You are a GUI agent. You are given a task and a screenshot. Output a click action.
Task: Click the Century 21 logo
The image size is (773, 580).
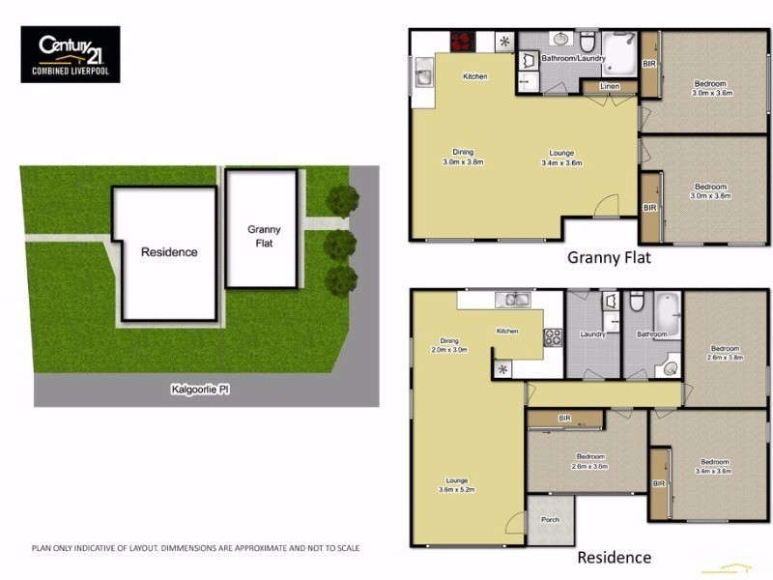pos(71,53)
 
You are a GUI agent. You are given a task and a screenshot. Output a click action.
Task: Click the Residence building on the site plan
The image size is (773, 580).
pos(167,252)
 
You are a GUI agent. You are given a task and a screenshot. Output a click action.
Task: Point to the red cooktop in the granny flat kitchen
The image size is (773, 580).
pos(462,43)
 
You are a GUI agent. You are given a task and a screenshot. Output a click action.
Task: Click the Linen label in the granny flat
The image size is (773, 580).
pos(609,87)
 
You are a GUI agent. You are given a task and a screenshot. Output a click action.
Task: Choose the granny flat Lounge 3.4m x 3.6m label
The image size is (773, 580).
pos(562,158)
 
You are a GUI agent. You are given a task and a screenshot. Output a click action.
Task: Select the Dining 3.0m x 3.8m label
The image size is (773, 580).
pos(463,157)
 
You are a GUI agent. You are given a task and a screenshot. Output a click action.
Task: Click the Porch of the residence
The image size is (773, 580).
pos(550,520)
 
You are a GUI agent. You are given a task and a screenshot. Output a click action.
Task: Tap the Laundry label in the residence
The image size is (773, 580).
pos(592,334)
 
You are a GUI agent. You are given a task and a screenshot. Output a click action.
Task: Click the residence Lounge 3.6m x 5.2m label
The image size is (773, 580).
pos(455,484)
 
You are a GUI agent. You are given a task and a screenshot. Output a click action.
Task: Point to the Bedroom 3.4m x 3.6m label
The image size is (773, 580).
pos(714,467)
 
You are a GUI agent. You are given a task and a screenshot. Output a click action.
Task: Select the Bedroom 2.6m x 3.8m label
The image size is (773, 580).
pos(725,353)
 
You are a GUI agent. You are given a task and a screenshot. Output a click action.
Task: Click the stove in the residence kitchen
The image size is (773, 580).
pos(555,337)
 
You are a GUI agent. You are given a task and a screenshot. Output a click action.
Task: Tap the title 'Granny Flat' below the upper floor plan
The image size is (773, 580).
pos(609,257)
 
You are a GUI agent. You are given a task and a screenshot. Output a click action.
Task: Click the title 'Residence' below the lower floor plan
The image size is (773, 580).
pos(614,558)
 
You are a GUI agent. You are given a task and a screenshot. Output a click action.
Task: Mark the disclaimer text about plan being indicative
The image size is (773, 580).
pos(195,548)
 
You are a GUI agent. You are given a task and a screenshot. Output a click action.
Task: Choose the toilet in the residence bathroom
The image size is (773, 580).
pos(635,302)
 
